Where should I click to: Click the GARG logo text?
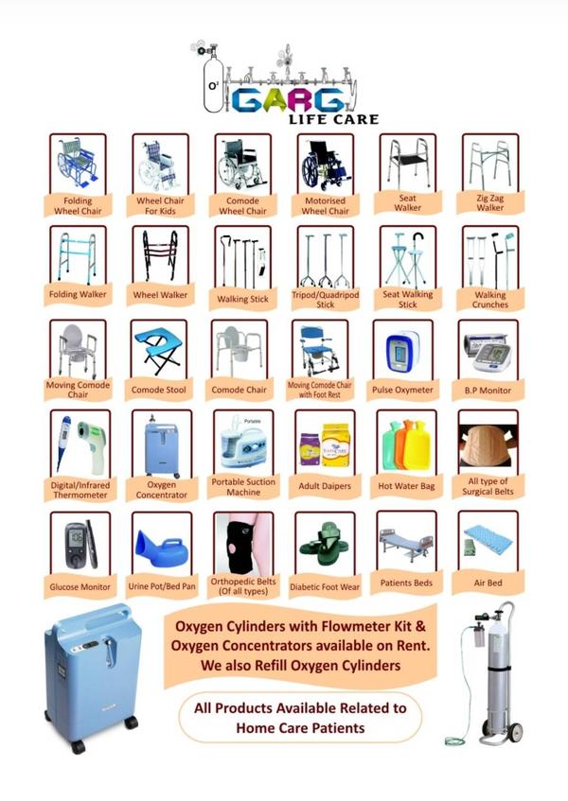coord(288,99)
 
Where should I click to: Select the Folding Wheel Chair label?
coord(78,206)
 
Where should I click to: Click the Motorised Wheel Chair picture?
coord(326,165)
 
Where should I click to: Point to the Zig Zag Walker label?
coord(490,202)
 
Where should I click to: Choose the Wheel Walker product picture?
coord(160,255)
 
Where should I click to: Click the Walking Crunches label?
coord(490,300)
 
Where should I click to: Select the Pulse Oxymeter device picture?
coord(402,352)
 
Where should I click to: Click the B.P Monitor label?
coord(488,391)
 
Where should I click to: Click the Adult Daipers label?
coord(325,486)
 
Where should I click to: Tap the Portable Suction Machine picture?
coord(243,443)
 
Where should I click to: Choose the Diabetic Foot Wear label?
coord(325,587)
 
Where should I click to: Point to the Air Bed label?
coord(488,583)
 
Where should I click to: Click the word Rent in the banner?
coord(413,645)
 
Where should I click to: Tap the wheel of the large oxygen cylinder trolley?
coord(515,732)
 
